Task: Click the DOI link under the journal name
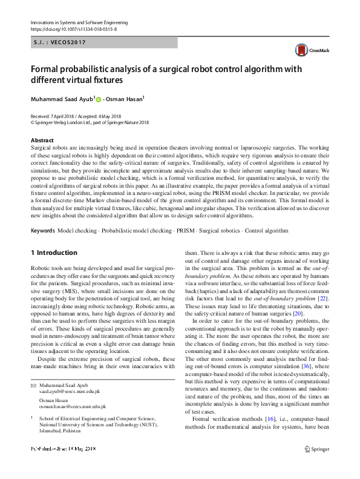(x=73, y=29)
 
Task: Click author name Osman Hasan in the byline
(x=125, y=99)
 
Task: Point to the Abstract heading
(x=42, y=140)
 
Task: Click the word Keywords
(x=42, y=231)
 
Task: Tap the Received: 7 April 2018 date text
(x=55, y=116)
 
